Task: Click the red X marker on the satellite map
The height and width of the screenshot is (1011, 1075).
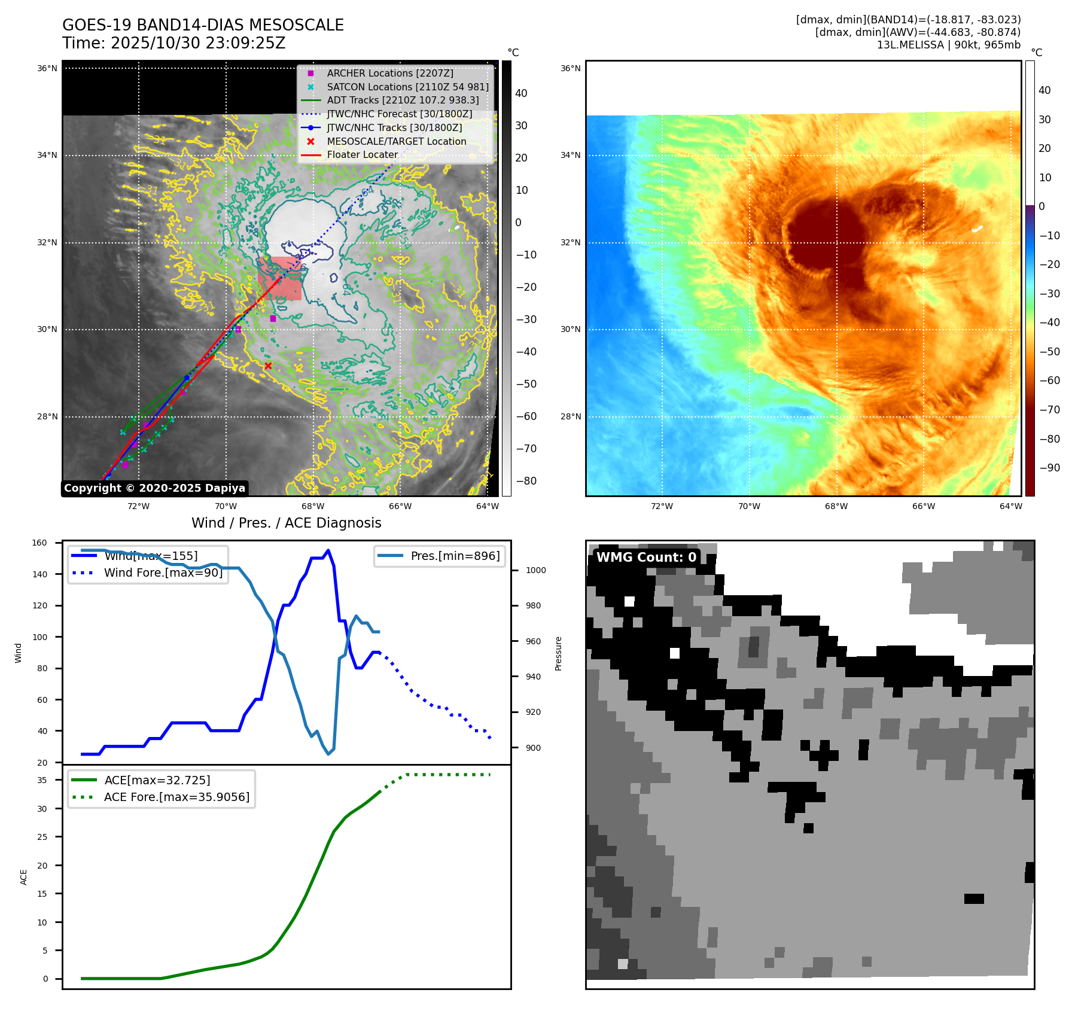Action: click(268, 366)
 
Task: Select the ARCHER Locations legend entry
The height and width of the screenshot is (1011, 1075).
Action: click(389, 73)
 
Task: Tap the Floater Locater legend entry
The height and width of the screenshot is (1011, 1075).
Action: click(362, 154)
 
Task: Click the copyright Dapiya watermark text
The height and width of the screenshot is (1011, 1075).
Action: click(154, 488)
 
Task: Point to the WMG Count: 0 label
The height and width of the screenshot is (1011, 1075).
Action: click(646, 557)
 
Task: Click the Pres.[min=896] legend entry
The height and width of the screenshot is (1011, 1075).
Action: click(455, 556)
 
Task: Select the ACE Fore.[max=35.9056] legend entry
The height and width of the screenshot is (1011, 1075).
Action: click(176, 797)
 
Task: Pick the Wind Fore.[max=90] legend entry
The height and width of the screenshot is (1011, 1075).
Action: click(163, 573)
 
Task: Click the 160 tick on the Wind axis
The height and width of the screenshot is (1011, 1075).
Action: click(39, 543)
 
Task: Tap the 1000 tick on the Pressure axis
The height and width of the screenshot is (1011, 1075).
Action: click(535, 570)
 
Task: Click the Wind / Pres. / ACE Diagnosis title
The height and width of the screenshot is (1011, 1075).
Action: click(286, 523)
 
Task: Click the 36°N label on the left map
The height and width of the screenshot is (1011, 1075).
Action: click(47, 68)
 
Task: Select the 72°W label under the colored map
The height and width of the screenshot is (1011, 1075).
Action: click(662, 506)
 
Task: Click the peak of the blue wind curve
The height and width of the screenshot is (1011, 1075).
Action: click(328, 550)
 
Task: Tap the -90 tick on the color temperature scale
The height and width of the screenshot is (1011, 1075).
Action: click(1049, 468)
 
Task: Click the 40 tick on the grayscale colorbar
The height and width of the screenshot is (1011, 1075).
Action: click(521, 93)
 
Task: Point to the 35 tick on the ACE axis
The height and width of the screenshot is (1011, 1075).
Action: click(42, 780)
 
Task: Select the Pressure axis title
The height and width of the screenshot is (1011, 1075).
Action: click(558, 653)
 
